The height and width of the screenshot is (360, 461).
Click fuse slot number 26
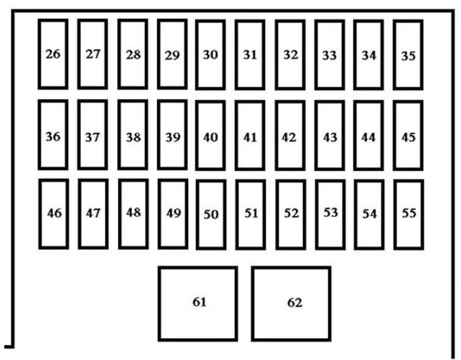pos(53,54)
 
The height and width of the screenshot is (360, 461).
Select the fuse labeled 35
pos(408,55)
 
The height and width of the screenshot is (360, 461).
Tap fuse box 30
pos(211,55)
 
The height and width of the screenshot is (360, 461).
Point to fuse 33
pos(330,55)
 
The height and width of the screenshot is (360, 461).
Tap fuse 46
pos(54,214)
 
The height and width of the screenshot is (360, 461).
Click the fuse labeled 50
pos(211,215)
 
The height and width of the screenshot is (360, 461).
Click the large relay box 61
pos(198,304)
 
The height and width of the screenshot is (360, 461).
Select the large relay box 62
pos(291,304)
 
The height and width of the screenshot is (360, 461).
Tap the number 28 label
pos(133,55)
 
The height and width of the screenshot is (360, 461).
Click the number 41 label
pos(250,138)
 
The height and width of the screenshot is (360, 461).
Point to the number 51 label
pos(251,213)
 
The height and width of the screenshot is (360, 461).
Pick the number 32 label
pos(291,55)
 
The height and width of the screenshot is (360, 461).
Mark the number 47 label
pos(93,213)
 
